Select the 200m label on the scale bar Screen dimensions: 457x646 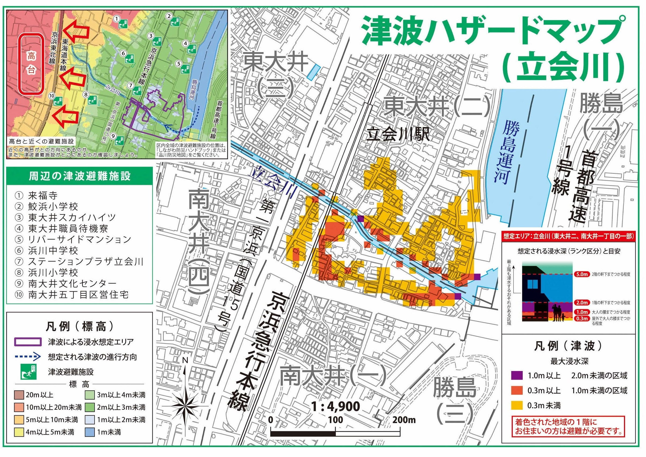click(404, 420)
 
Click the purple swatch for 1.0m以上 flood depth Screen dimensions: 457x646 click(517, 375)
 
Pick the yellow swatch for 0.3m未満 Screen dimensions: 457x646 click(517, 405)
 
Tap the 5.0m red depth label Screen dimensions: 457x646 click(581, 274)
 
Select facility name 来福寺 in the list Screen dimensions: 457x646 click(43, 196)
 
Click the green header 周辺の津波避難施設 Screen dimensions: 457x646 click(80, 177)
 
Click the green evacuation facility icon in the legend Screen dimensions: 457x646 click(28, 372)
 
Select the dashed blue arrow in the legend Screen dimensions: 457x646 click(28, 357)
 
